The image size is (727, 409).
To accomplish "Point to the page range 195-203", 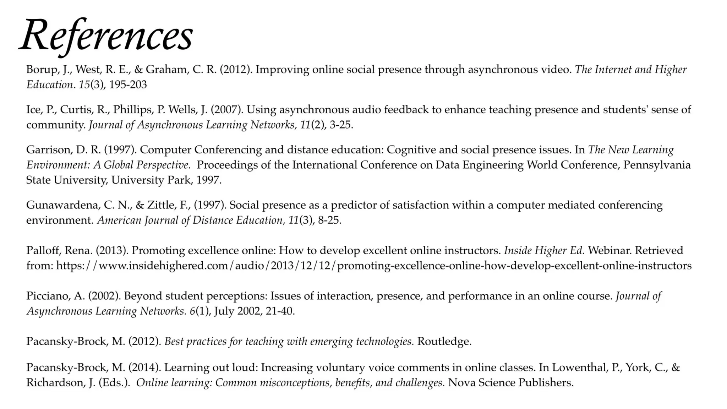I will [128, 84].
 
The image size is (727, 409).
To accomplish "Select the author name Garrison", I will [48, 149].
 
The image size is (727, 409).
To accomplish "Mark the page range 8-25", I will [329, 220].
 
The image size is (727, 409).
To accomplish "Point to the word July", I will [224, 311].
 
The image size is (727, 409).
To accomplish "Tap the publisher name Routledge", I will [444, 341].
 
